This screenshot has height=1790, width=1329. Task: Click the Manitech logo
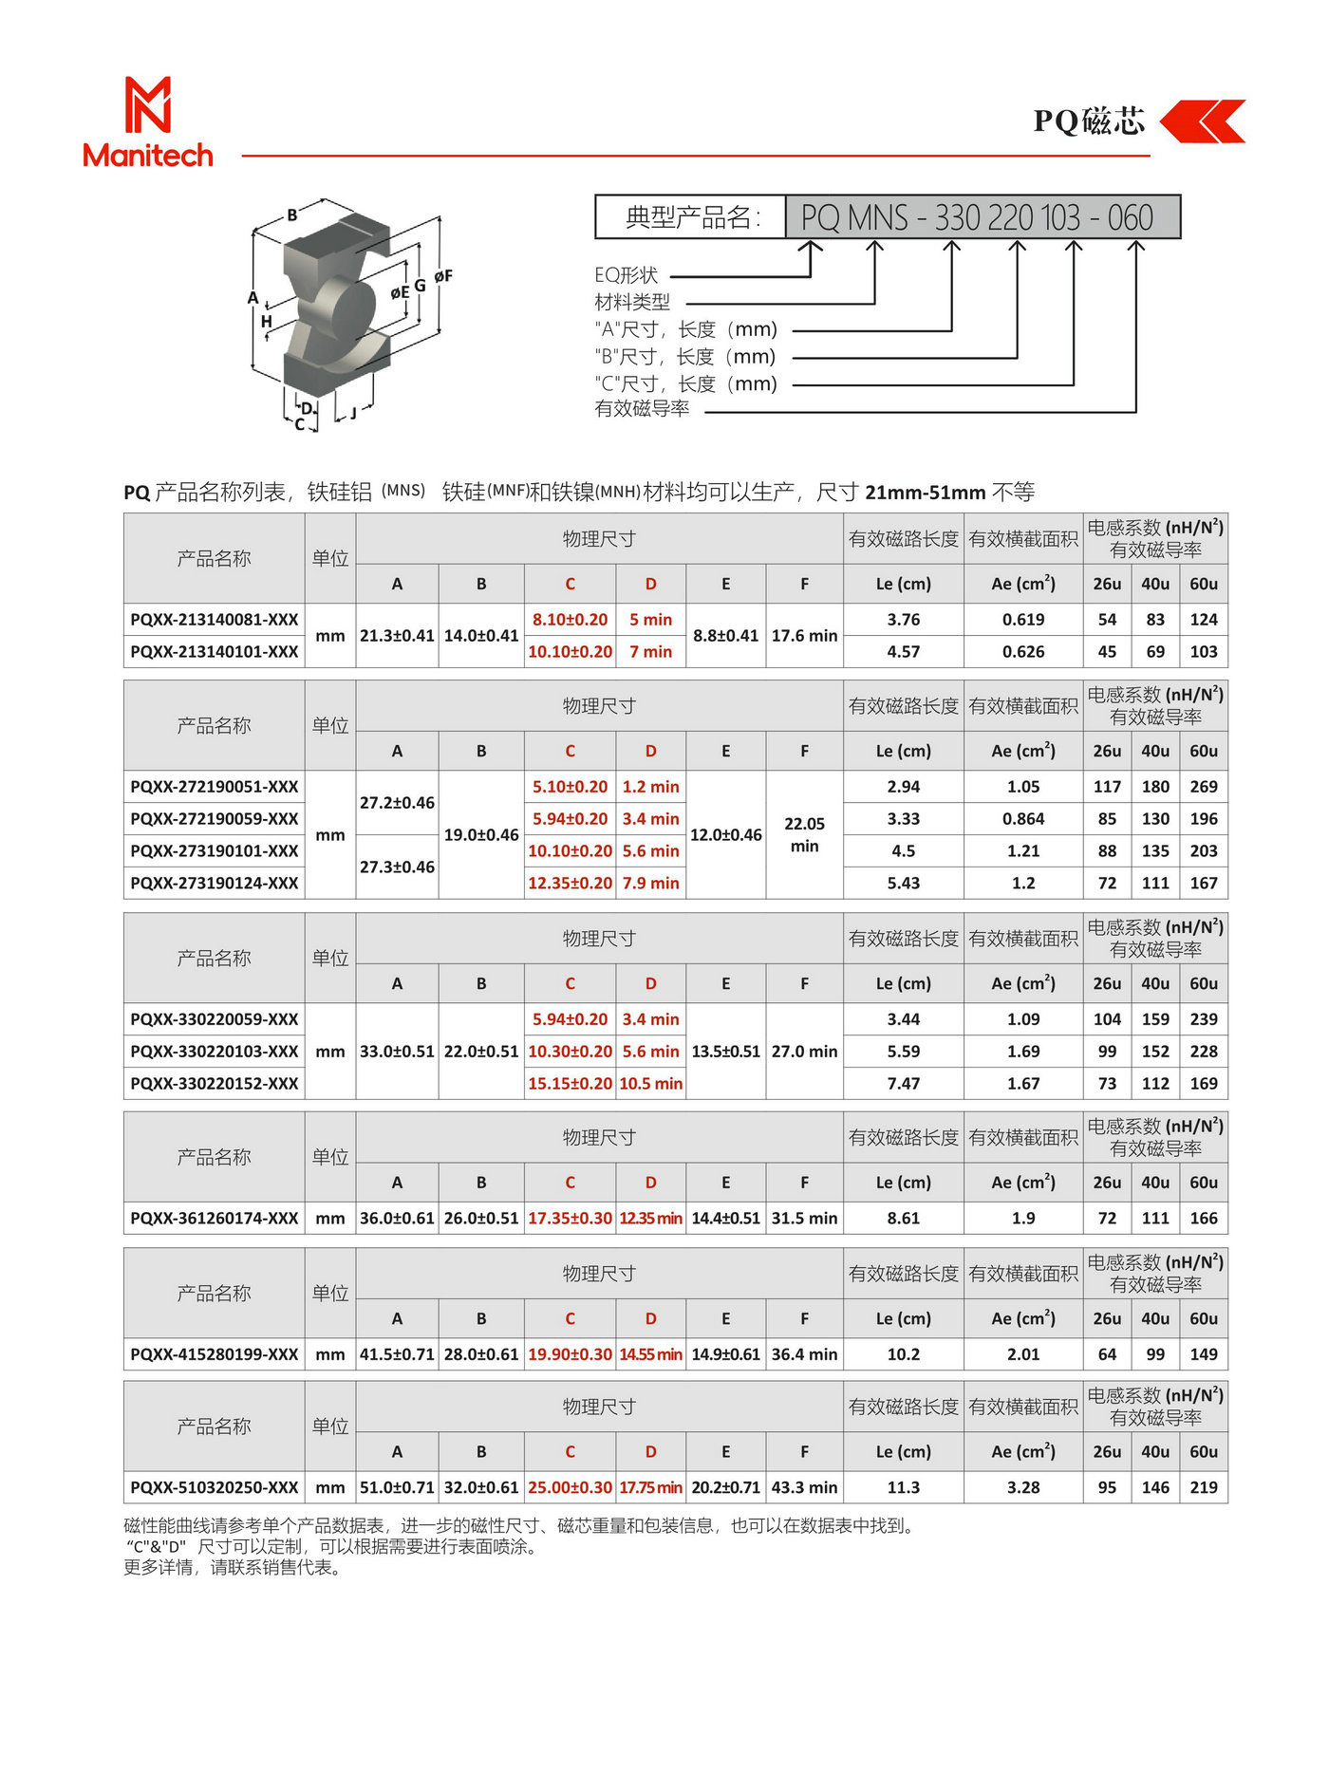[x=148, y=122]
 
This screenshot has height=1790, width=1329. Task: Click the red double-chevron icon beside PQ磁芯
[x=1203, y=121]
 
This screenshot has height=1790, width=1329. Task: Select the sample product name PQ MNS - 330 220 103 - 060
[x=977, y=217]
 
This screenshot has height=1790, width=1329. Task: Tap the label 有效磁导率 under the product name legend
[x=642, y=409]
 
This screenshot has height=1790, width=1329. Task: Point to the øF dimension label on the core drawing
[x=443, y=276]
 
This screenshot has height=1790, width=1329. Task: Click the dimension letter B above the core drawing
[x=292, y=215]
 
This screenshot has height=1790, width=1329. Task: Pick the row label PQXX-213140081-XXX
[x=215, y=620]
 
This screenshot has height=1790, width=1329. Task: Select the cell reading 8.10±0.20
[x=570, y=620]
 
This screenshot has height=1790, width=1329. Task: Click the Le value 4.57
[x=903, y=652]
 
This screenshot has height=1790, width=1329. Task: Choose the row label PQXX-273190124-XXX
[x=215, y=884]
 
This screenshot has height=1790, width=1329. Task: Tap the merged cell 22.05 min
[x=804, y=835]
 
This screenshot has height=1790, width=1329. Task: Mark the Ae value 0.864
[x=1023, y=819]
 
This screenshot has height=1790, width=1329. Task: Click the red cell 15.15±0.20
[x=570, y=1084]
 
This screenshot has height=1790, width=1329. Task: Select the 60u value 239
[x=1204, y=1019]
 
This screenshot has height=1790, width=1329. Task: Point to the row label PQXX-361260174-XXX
[x=215, y=1219]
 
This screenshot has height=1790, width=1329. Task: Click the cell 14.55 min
[x=650, y=1355]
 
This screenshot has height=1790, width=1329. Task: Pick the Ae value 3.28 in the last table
[x=1023, y=1488]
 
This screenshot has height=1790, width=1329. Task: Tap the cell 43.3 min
[x=804, y=1488]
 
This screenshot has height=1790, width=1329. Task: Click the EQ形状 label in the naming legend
[x=627, y=275]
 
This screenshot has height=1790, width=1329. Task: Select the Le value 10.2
[x=903, y=1355]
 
